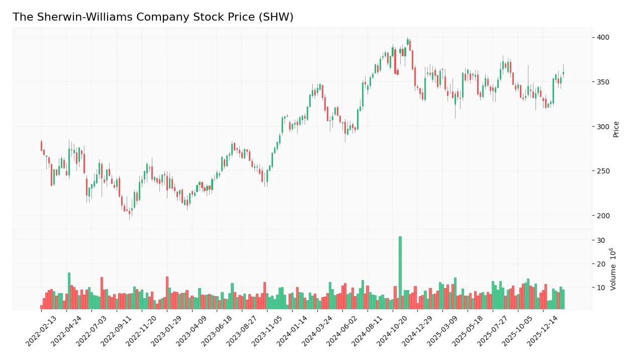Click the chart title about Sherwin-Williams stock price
pos(153,17)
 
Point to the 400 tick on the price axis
pos(603,37)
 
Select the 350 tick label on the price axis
pos(603,82)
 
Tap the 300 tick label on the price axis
pos(603,127)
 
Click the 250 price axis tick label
pos(603,171)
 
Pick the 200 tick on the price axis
pos(603,216)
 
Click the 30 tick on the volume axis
pos(600,240)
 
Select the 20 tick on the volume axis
pos(600,264)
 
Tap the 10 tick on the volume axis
pos(600,288)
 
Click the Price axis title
pos(616,129)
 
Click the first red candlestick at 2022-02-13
pos(41,146)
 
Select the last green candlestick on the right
pos(563,73)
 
